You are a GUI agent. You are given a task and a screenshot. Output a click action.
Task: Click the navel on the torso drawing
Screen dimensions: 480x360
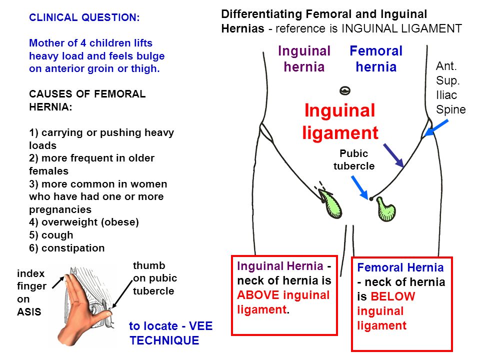[x=345, y=90]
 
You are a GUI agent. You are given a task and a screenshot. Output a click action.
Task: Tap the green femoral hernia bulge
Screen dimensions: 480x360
[x=386, y=209]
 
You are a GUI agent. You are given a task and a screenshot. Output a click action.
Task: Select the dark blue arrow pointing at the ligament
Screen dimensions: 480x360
[x=393, y=155]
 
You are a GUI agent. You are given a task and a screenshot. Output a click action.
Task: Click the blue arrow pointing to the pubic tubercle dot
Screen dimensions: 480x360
[x=359, y=187]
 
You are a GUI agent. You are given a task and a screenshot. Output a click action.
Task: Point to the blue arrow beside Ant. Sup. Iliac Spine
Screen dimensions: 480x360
[x=436, y=128]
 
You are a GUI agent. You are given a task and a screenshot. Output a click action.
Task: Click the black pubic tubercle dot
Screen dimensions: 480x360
[x=371, y=199]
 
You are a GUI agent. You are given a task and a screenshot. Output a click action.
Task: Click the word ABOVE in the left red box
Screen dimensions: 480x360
[x=258, y=295]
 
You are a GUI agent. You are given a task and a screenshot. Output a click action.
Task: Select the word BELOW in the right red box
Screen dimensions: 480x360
[x=393, y=296]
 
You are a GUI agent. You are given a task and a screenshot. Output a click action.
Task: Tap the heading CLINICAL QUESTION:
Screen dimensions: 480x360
[x=84, y=17]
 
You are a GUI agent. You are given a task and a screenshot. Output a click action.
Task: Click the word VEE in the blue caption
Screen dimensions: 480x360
[x=201, y=326]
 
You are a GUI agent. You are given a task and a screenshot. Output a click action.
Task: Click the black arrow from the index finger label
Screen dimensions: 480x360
[x=58, y=282]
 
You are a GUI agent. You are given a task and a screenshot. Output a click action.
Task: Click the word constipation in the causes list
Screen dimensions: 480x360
[x=73, y=248]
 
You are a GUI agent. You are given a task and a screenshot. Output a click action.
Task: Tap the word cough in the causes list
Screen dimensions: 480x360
[x=57, y=235]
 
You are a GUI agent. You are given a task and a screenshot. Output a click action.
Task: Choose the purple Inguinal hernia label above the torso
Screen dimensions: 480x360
[x=304, y=59]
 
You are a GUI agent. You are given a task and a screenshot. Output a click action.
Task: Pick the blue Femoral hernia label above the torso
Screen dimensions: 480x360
[x=376, y=59]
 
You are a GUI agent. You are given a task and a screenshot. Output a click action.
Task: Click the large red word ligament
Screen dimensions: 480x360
[x=340, y=132]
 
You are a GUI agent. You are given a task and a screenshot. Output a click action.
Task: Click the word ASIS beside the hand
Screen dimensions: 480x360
[x=29, y=311]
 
